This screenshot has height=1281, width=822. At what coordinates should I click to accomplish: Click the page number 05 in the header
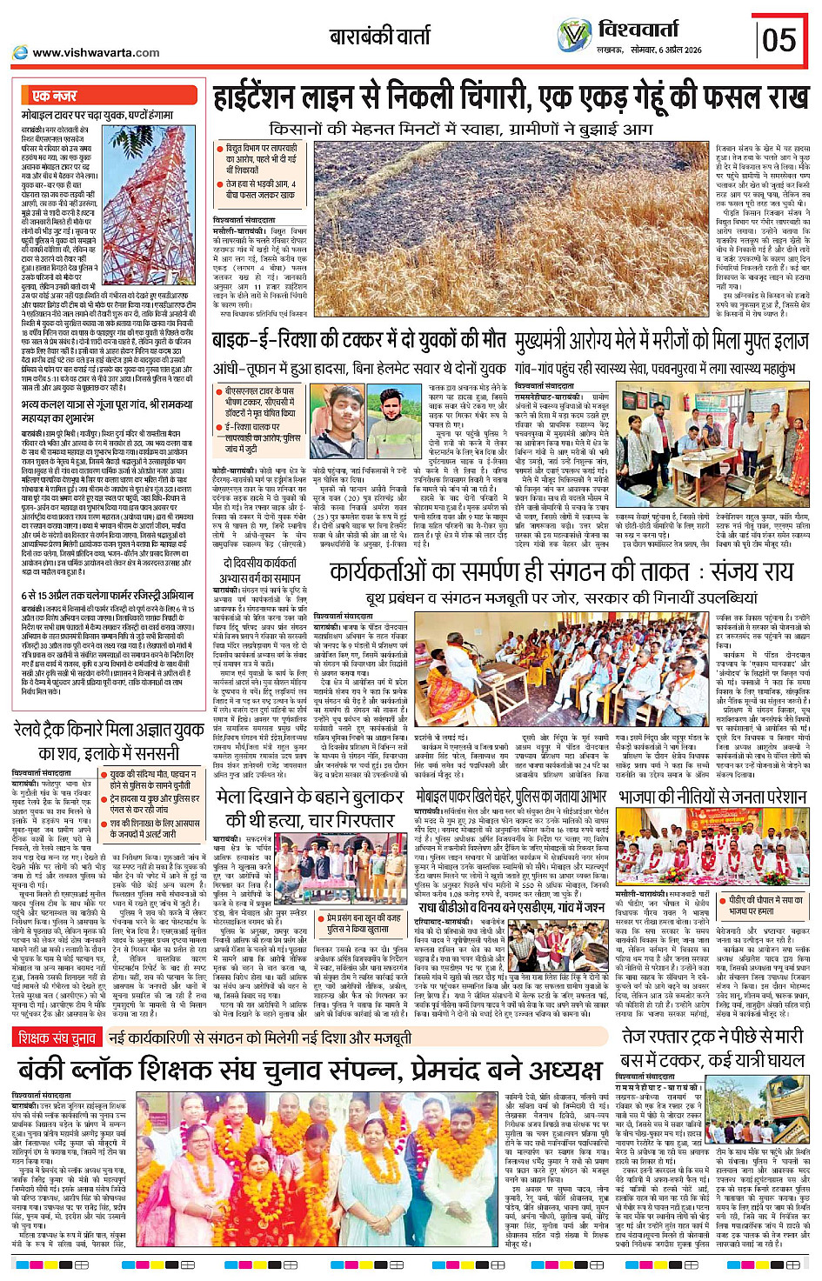pos(780,40)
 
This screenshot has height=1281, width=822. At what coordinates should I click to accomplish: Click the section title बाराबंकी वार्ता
pos(380,37)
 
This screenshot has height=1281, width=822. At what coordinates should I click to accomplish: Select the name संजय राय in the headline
pos(751,572)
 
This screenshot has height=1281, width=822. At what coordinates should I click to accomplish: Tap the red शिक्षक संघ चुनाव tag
pos(57,1037)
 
